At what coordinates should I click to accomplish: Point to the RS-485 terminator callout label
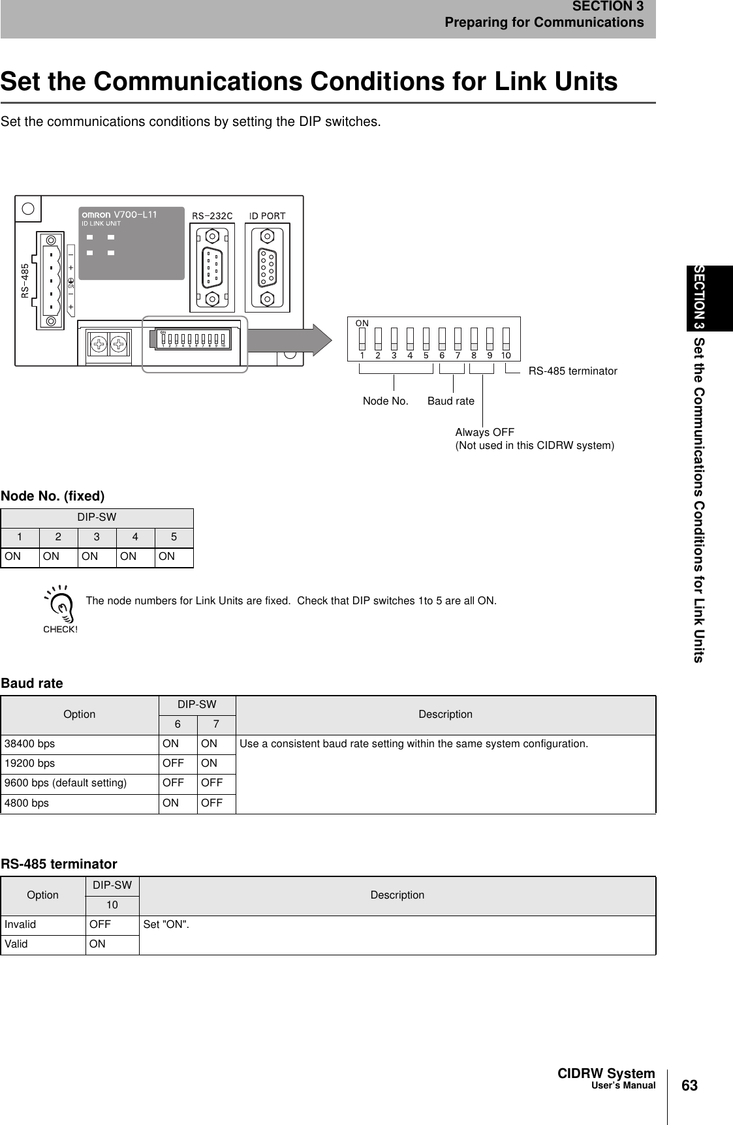point(572,371)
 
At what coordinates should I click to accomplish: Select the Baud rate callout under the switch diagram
point(450,401)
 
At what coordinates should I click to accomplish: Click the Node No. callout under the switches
point(385,401)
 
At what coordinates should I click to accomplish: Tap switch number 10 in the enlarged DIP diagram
point(506,337)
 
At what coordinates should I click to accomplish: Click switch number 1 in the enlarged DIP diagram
point(362,337)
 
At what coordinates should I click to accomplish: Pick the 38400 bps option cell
point(30,743)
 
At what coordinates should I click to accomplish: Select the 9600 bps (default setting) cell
point(65,782)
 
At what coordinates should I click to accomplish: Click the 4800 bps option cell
point(27,803)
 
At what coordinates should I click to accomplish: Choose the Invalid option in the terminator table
point(21,924)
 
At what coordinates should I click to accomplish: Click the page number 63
point(689,1086)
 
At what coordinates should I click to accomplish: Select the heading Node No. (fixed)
point(53,497)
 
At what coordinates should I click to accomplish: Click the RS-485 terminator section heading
point(59,864)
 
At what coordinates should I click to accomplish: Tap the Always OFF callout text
point(484,433)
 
